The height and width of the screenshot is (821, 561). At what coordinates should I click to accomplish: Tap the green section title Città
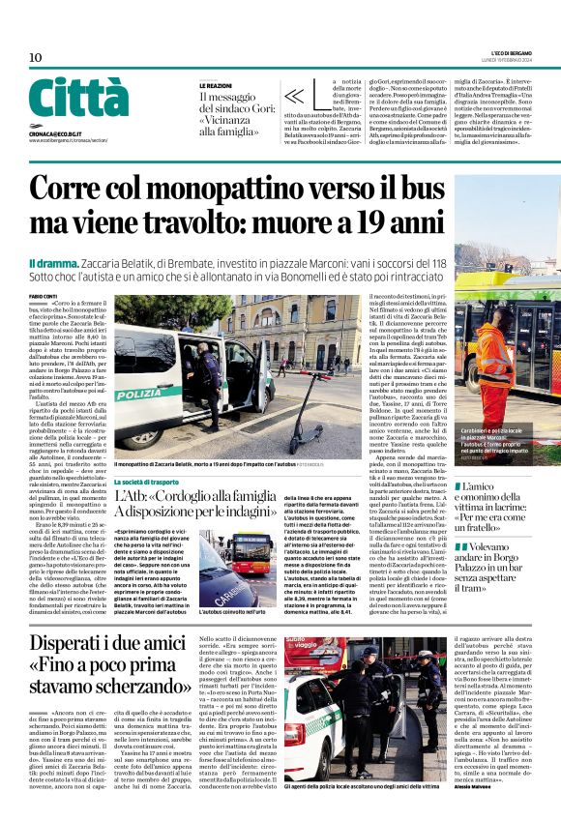pos(78,98)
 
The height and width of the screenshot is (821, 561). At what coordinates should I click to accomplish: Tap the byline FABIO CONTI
pos(44,296)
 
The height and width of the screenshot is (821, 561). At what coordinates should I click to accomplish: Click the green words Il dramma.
pos(50,263)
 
